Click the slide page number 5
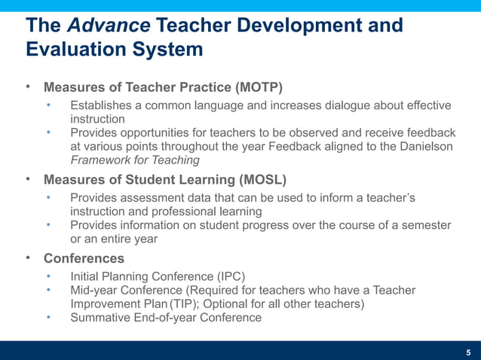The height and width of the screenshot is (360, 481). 468,352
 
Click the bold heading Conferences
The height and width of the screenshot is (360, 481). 84,258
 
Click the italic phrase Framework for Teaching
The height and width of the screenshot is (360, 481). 135,160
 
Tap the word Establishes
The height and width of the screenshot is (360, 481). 104,105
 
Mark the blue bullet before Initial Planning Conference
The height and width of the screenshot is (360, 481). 49,276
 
